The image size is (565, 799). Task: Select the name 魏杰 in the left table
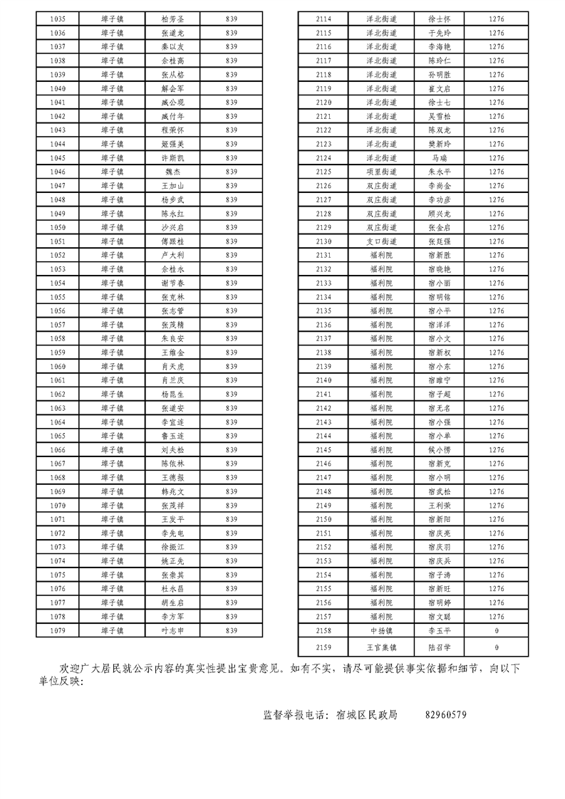coord(173,172)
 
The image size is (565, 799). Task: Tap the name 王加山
coord(173,185)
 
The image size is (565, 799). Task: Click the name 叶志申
coord(173,630)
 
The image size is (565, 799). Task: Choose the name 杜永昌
coord(173,589)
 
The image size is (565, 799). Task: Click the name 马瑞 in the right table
coord(440,158)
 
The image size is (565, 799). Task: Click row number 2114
coord(323,19)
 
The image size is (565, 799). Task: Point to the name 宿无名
coord(440,408)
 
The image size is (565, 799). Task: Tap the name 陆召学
coord(440,647)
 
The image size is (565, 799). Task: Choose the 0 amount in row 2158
coord(497,630)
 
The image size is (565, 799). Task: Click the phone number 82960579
coord(445,715)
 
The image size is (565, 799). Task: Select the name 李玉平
coord(440,630)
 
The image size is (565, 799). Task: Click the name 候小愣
coord(440,450)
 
